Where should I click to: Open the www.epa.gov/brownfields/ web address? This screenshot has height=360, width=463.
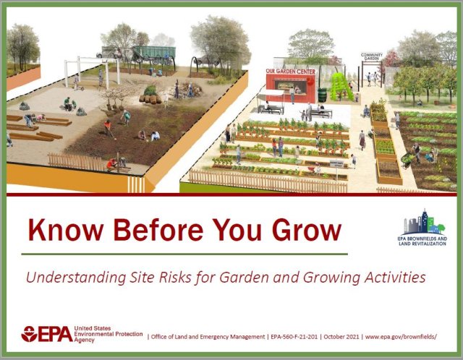point(402,337)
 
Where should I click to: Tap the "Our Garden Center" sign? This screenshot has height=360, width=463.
point(289,72)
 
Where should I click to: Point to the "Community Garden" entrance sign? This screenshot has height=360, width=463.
point(371,57)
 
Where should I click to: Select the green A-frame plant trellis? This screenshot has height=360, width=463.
point(341,87)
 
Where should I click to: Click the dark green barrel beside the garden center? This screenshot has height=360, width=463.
point(322,95)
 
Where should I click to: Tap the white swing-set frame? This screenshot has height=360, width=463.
point(90,71)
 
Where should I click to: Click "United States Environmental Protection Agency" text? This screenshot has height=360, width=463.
point(106,334)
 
